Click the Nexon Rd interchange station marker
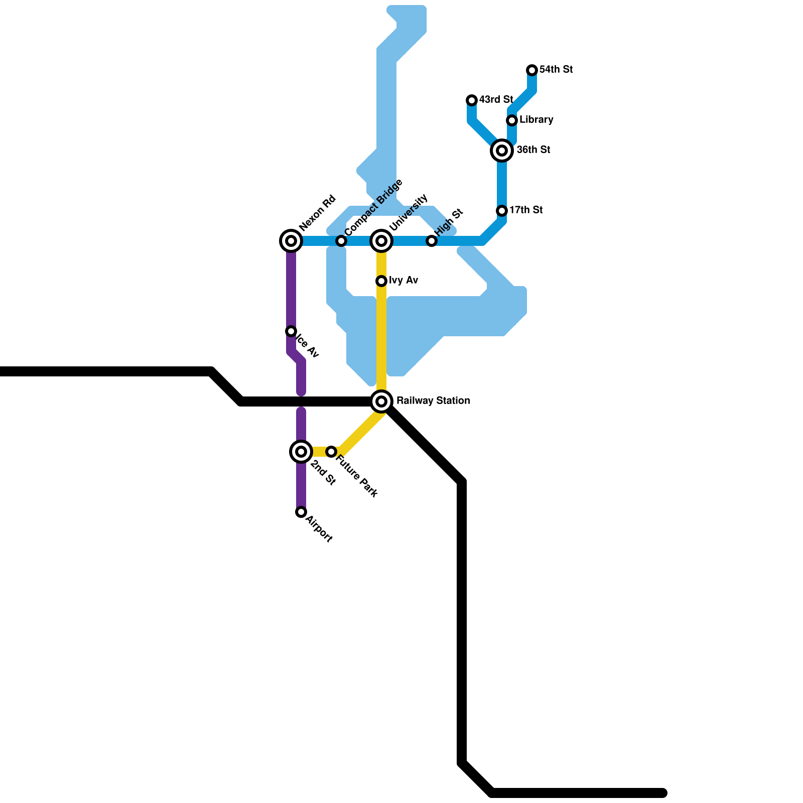pos(291,241)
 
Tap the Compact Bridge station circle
pos(341,241)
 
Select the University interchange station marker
pos(381,241)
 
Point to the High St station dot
pos(432,241)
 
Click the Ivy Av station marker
pos(381,281)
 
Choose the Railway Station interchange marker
pos(381,401)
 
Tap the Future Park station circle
pos(331,452)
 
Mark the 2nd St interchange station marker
pos(301,452)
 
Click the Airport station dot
pos(301,512)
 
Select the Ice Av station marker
pos(291,331)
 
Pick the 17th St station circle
pos(502,211)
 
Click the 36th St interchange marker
pos(502,150)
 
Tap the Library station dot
pos(512,120)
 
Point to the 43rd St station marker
pos(472,100)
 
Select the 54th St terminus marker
pos(532,70)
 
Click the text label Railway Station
pos(433,400)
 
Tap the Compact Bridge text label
pos(373,207)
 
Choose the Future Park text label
pos(356,476)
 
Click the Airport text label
pos(319,529)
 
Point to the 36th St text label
pos(533,150)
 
